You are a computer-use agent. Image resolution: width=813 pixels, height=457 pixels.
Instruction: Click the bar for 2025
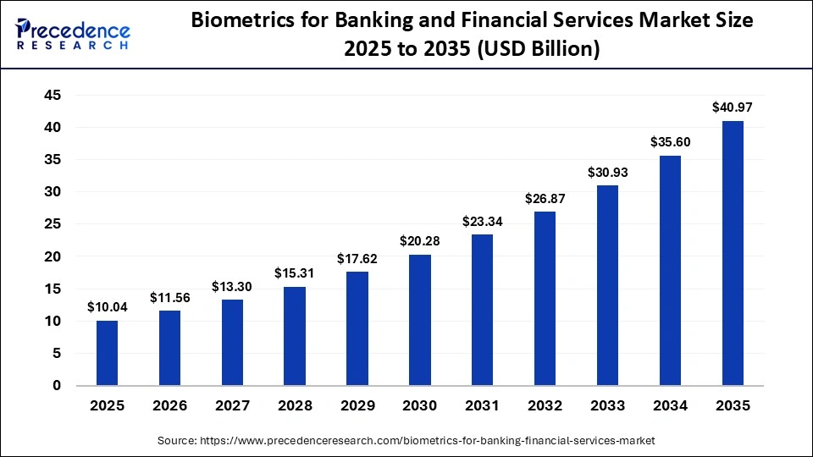[107, 353]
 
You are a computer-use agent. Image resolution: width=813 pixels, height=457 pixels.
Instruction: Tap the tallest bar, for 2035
[732, 253]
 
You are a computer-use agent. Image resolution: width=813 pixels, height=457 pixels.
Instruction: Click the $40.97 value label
[732, 107]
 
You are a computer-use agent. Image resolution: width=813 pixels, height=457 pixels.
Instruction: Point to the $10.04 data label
[107, 307]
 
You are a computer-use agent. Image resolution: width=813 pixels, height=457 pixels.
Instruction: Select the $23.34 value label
[482, 222]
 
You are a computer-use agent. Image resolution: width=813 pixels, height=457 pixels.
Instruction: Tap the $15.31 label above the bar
[295, 273]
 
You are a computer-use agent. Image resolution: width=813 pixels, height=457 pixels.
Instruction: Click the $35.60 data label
[670, 142]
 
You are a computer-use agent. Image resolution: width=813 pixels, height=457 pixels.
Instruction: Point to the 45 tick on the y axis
[52, 96]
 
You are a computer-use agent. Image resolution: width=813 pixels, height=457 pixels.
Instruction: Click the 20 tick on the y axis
[52, 256]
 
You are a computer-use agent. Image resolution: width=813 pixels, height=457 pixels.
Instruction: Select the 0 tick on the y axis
[57, 386]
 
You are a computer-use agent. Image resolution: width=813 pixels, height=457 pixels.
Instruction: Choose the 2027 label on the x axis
[232, 406]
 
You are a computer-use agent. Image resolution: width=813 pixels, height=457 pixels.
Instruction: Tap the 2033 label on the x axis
[607, 406]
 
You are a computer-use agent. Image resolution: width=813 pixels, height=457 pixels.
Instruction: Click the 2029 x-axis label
[357, 406]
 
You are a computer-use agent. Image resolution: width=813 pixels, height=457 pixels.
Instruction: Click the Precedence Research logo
[73, 33]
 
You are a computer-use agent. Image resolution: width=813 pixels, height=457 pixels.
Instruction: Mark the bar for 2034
[670, 271]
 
